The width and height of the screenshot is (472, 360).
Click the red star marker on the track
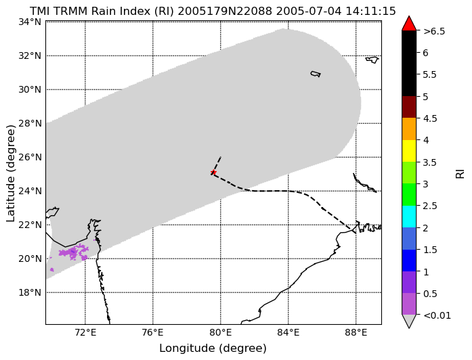(x=213, y=173)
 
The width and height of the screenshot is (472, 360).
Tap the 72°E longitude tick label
(x=85, y=333)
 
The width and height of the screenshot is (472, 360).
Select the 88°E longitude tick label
(x=356, y=333)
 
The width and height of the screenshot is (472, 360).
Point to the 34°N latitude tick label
(x=30, y=22)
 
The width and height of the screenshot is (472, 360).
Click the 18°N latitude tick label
(x=30, y=292)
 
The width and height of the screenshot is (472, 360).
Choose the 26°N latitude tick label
(x=30, y=157)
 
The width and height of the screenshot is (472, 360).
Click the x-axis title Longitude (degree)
(x=213, y=348)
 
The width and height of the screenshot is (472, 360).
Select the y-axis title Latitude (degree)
(x=10, y=173)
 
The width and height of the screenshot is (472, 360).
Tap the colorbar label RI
(x=460, y=174)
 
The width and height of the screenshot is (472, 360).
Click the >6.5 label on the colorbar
(x=434, y=31)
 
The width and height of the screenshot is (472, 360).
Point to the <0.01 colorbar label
(x=437, y=315)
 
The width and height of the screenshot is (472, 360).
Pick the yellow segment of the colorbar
(x=409, y=151)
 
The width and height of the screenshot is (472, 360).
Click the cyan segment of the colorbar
(x=409, y=217)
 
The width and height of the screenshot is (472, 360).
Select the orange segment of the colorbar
(x=409, y=129)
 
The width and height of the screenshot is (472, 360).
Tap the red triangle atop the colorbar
(x=409, y=24)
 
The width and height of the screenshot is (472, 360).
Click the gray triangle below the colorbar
(x=409, y=321)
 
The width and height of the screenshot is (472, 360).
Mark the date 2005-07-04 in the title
(x=309, y=12)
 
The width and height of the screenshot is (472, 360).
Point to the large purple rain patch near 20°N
(x=74, y=252)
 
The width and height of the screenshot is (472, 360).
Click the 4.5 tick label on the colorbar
(x=430, y=118)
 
